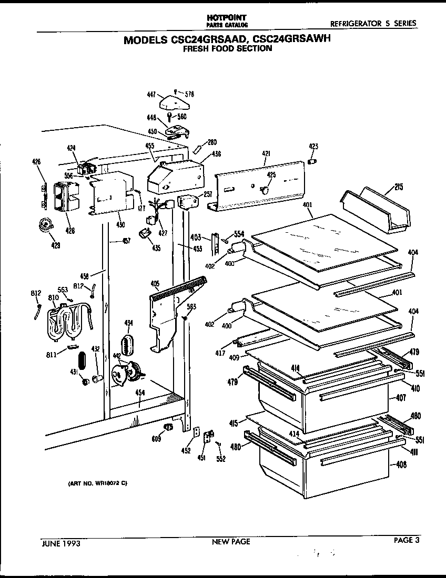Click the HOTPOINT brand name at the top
tap(227, 17)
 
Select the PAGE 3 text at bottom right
tap(407, 540)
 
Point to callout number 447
tap(151, 95)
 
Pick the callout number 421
tap(266, 153)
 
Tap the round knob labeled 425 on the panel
tap(267, 187)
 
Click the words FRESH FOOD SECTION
tap(227, 49)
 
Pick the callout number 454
tap(139, 393)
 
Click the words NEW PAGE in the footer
tap(231, 541)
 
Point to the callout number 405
tap(155, 284)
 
